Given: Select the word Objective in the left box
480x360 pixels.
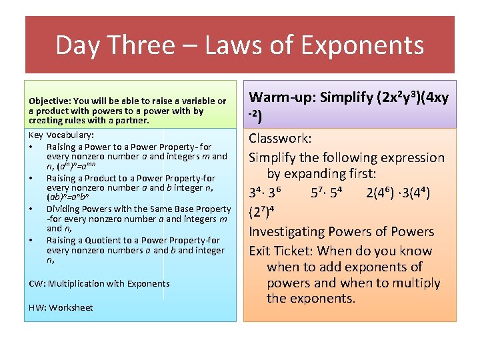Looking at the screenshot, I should point(50,101).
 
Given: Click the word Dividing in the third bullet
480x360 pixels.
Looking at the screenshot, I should point(65,209).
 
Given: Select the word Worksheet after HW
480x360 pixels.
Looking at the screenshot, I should point(70,307).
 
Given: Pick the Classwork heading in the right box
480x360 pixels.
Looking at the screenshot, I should point(280,139).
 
